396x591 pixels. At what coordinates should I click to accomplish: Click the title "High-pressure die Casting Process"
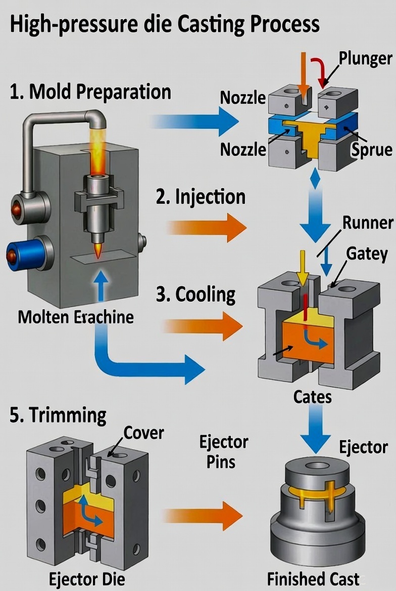tap(165, 24)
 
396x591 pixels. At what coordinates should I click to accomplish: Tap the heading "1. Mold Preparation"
tap(90, 92)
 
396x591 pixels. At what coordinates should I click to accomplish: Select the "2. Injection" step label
tap(201, 197)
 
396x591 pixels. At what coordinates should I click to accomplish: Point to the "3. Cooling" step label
tap(195, 294)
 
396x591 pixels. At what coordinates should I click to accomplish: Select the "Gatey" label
tap(367, 254)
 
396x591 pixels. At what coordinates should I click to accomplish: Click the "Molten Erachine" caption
tap(76, 317)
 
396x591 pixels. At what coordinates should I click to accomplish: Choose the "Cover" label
tap(144, 433)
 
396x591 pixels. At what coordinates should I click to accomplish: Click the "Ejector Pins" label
tap(224, 452)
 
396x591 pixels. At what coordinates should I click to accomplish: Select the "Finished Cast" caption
tap(313, 578)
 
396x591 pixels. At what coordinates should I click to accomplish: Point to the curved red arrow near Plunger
tap(320, 71)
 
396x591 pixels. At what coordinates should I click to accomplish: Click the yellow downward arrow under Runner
tap(302, 268)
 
